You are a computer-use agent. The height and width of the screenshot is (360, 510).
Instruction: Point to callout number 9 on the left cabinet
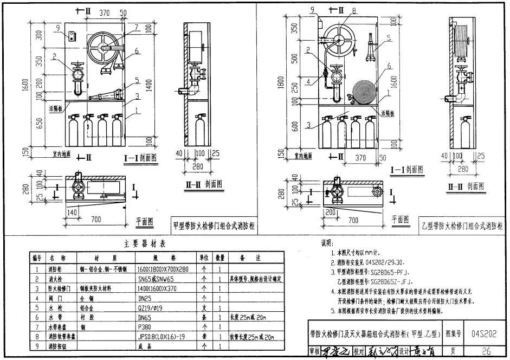click(57, 28)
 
